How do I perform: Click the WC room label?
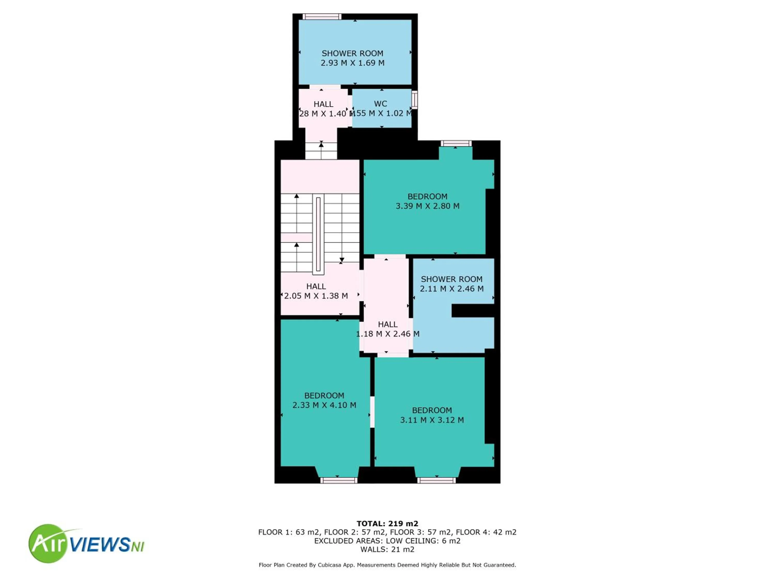(x=381, y=104)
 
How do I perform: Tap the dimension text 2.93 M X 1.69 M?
(x=352, y=63)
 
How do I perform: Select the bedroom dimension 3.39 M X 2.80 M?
(x=428, y=206)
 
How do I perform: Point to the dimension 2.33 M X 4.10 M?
(x=324, y=405)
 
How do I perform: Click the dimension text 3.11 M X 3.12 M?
(x=432, y=420)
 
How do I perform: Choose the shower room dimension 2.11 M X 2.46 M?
(x=452, y=289)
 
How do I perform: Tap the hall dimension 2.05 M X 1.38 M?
(x=316, y=296)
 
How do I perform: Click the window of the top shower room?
(x=322, y=17)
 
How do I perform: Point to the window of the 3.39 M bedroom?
(x=456, y=143)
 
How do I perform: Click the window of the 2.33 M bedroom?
(x=338, y=481)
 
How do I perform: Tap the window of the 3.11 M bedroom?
(x=436, y=481)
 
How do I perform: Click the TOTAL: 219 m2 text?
(x=387, y=524)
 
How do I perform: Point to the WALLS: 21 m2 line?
(x=387, y=549)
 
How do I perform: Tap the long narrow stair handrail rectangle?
(x=318, y=234)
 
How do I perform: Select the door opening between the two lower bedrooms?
(x=372, y=412)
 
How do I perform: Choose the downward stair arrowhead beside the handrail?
(x=342, y=260)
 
